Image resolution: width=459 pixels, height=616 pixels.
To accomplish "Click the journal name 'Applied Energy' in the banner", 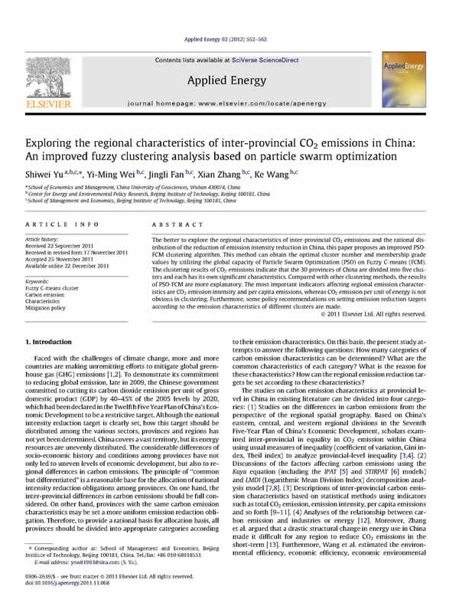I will pos(229,79).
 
